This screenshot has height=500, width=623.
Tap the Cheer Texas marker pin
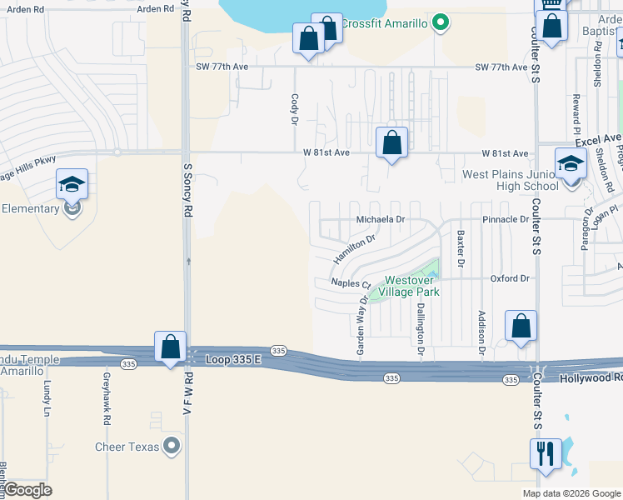click(172, 447)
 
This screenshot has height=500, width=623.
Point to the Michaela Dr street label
click(380, 220)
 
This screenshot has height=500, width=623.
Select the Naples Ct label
click(350, 283)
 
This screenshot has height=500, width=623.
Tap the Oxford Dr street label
click(510, 278)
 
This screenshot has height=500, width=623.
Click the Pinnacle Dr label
click(505, 220)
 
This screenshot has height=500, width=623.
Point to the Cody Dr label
click(294, 109)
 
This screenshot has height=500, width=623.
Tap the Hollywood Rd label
click(591, 378)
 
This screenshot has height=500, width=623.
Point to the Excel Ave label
click(598, 137)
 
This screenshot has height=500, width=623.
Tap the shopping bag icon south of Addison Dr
click(521, 326)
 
